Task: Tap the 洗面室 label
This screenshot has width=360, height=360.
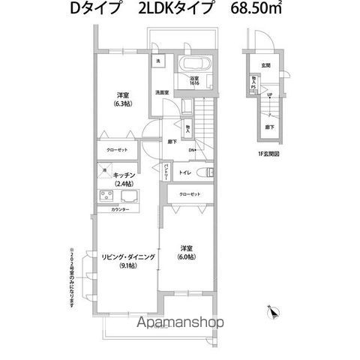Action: pos(162,92)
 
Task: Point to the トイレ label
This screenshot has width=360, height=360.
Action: pos(184,173)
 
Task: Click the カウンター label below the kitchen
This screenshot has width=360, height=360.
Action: pos(121,209)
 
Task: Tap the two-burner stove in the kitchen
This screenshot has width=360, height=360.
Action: pos(105,198)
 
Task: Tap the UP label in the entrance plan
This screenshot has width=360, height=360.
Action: pos(270,94)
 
